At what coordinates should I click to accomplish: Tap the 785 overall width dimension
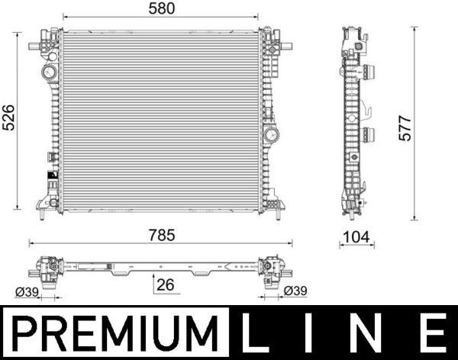click(162, 236)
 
